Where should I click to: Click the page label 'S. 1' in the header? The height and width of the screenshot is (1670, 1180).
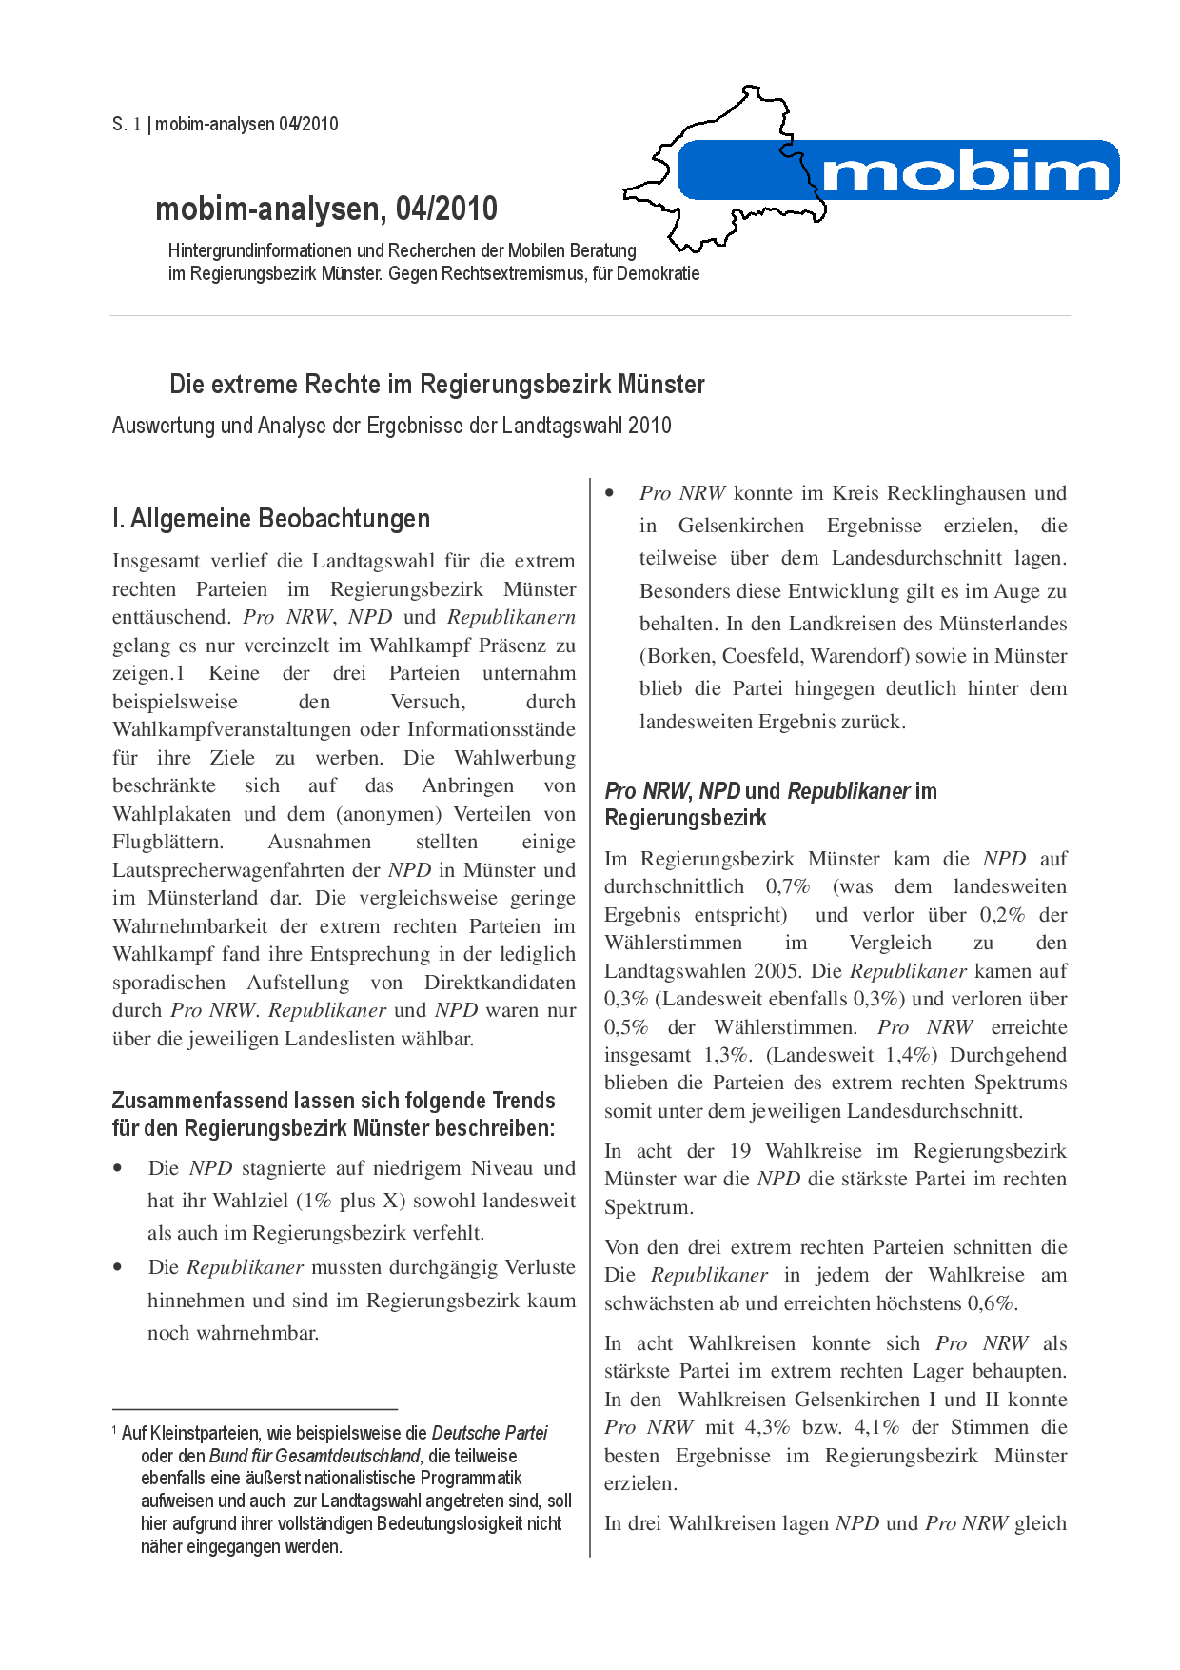tap(127, 124)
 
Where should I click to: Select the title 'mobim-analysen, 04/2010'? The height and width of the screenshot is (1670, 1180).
tap(326, 209)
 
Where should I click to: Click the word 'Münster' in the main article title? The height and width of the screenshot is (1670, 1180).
tap(661, 385)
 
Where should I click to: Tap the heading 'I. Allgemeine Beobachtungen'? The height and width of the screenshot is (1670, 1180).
tap(271, 519)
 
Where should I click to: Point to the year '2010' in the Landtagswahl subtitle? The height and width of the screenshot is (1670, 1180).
tap(649, 426)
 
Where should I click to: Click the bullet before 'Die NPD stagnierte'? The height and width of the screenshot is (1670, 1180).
tap(118, 1169)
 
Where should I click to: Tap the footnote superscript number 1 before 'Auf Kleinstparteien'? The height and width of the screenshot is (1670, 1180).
tap(114, 1430)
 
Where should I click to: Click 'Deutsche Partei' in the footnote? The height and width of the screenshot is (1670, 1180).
tap(489, 1433)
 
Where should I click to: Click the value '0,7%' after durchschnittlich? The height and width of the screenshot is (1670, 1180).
tap(788, 886)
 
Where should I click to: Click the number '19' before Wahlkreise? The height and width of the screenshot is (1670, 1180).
tap(740, 1151)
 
